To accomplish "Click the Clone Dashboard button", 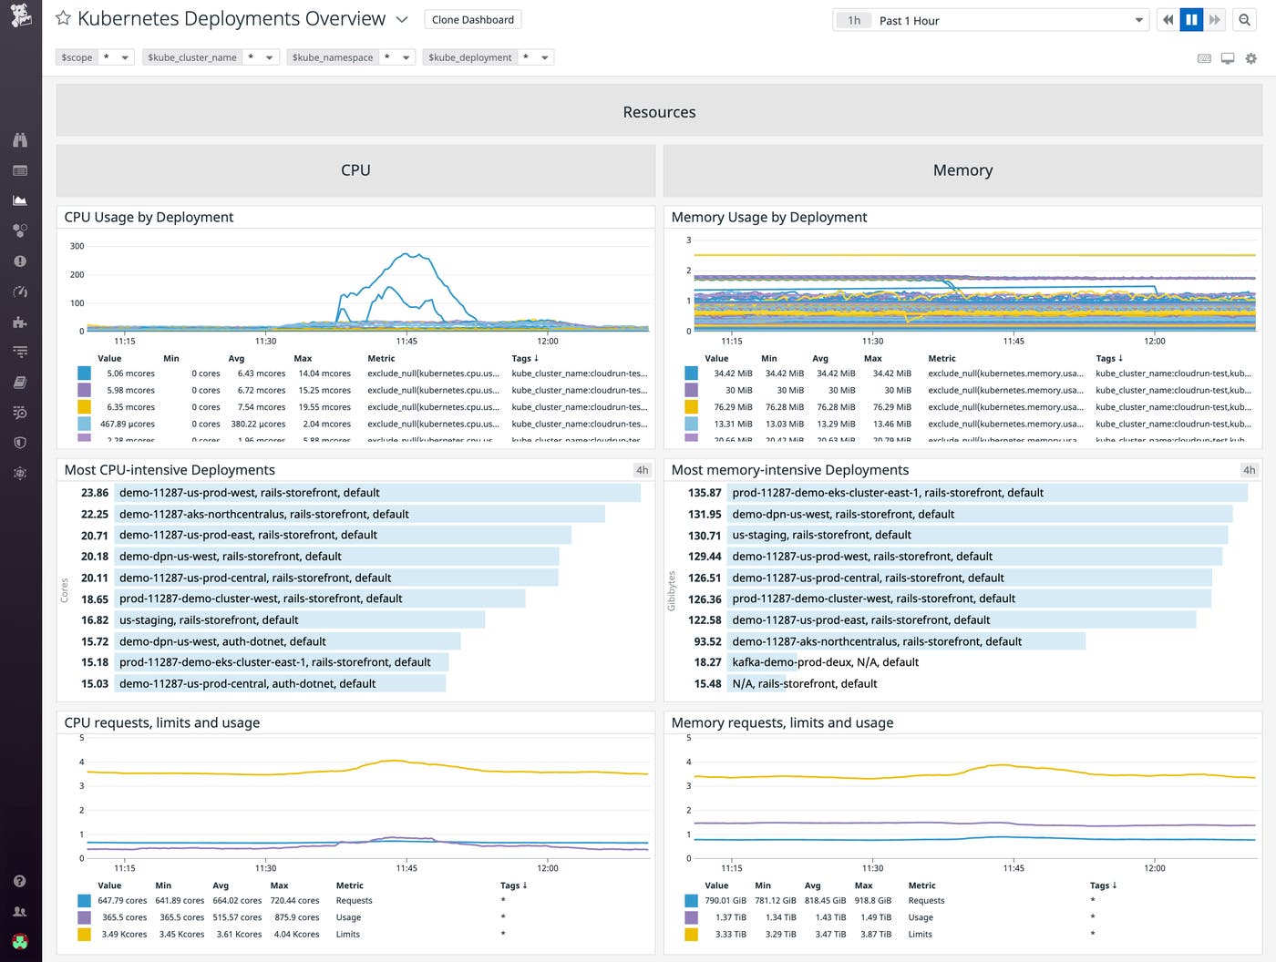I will (472, 20).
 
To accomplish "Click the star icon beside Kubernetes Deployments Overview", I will (63, 18).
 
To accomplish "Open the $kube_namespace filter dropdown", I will (405, 57).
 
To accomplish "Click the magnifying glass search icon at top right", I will (1244, 20).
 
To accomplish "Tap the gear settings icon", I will (1250, 58).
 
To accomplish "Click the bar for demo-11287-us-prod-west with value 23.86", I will (377, 493).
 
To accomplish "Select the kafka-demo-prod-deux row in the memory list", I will (825, 662).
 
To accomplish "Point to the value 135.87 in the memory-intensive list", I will (705, 493).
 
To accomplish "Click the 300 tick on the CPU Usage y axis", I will (77, 246).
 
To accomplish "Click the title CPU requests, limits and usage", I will (162, 722).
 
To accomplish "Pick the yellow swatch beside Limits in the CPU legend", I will (84, 934).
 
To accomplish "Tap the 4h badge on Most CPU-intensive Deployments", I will (642, 470).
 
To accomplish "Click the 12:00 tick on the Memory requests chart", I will (1154, 868).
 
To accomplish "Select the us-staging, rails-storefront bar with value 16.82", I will (301, 620).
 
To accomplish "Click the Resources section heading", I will (659, 112).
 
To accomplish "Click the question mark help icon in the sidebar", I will (20, 881).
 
